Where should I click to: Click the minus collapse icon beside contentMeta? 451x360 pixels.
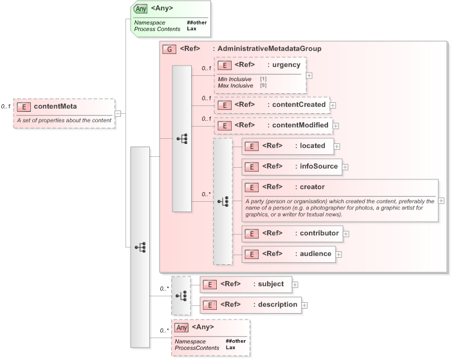tap(118, 113)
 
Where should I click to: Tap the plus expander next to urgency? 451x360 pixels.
tap(309, 75)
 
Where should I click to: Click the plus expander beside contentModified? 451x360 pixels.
tap(335, 126)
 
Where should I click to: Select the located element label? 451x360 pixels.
tap(313, 146)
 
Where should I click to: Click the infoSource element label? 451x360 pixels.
tap(318, 166)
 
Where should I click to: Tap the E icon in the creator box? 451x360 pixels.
tap(252, 187)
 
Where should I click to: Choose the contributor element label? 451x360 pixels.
tap(320, 233)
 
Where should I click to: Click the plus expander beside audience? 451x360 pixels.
tap(338, 255)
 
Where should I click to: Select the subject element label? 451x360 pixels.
tap(271, 283)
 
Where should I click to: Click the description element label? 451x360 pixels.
tap(278, 304)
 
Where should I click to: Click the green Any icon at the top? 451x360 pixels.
tap(140, 9)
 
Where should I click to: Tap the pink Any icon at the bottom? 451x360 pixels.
tap(182, 327)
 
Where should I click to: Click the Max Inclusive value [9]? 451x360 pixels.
tap(263, 85)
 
